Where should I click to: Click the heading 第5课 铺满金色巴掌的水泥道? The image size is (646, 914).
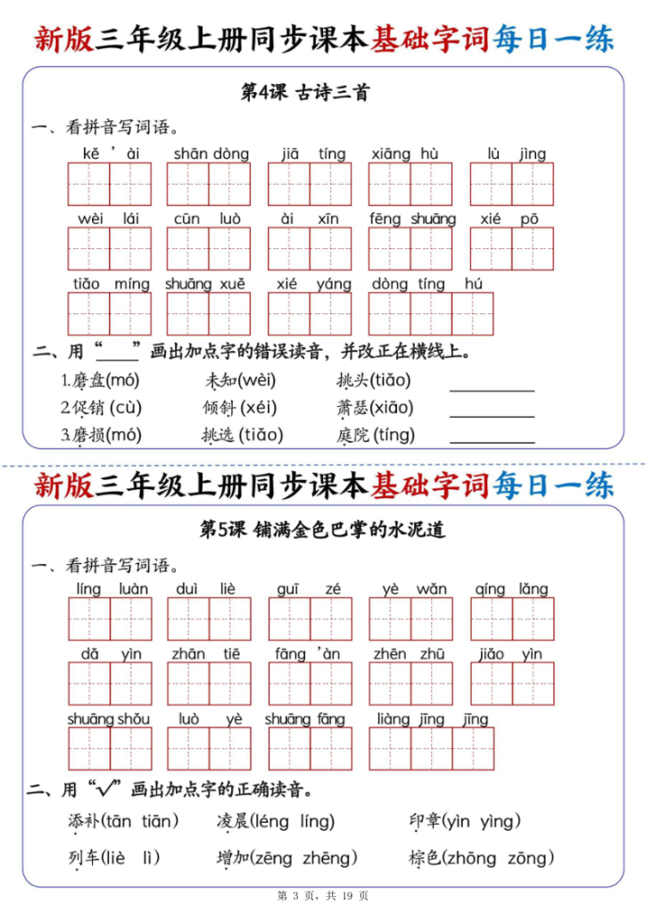(322, 529)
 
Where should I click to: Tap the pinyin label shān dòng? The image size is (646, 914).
(211, 154)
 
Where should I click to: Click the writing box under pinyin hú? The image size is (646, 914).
(473, 313)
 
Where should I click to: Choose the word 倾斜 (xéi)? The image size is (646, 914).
(240, 408)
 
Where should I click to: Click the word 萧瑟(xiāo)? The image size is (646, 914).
(375, 408)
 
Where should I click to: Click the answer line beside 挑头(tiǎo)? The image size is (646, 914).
(493, 389)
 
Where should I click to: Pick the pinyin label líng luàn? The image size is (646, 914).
(112, 589)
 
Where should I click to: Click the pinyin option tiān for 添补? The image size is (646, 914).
(158, 821)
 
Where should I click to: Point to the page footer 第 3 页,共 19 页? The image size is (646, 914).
(322, 895)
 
